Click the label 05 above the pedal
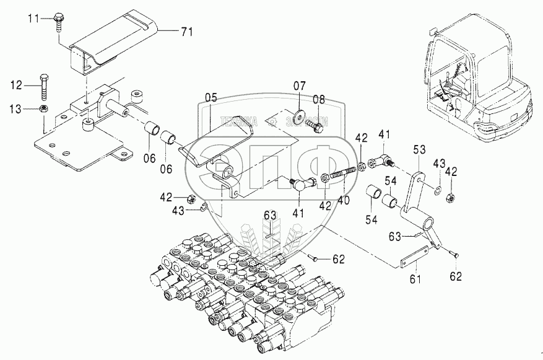(211, 97)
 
